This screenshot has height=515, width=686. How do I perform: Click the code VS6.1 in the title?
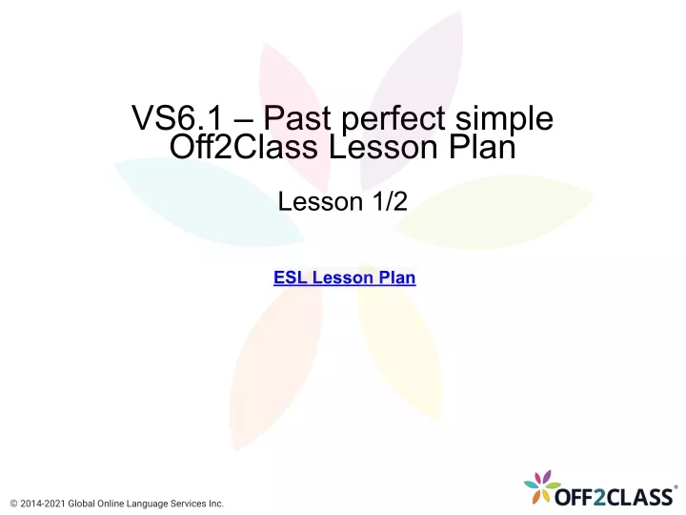(177, 118)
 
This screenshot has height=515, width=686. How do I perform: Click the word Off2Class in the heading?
(243, 146)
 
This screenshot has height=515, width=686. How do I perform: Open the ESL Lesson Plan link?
(344, 278)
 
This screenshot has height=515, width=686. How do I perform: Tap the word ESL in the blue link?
(290, 278)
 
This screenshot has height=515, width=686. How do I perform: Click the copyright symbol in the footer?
(13, 504)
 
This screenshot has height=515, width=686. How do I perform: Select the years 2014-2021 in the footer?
(43, 504)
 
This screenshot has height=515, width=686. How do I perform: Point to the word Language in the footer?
(147, 505)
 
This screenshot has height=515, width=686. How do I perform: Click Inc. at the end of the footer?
(215, 504)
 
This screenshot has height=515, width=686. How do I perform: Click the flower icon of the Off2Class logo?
(542, 486)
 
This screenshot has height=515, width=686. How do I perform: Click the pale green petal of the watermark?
(494, 212)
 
